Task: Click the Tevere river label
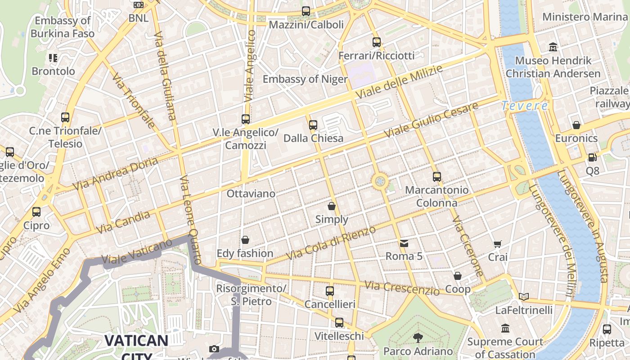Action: (x=525, y=106)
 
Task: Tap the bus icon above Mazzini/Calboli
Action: (x=306, y=11)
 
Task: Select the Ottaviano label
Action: (x=251, y=193)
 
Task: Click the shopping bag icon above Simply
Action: (x=332, y=206)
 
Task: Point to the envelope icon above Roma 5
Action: (x=404, y=243)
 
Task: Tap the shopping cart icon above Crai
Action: (x=497, y=244)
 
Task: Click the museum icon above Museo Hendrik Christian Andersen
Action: (x=553, y=47)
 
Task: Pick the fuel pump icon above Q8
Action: (x=593, y=157)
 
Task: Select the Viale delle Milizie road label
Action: (x=399, y=82)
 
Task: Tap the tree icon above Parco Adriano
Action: (x=418, y=337)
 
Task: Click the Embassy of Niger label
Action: (x=305, y=79)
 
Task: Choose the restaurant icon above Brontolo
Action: (x=53, y=58)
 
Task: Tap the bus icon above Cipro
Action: (x=36, y=211)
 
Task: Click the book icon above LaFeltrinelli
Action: (x=523, y=297)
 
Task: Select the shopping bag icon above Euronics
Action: (x=576, y=125)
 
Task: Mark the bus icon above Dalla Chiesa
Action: (x=313, y=125)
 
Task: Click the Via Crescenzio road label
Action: (x=402, y=288)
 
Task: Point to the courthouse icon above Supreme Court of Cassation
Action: (x=505, y=328)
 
